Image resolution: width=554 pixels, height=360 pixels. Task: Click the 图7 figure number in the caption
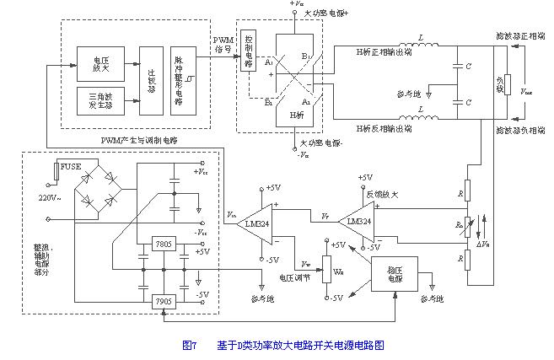(x=189, y=345)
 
